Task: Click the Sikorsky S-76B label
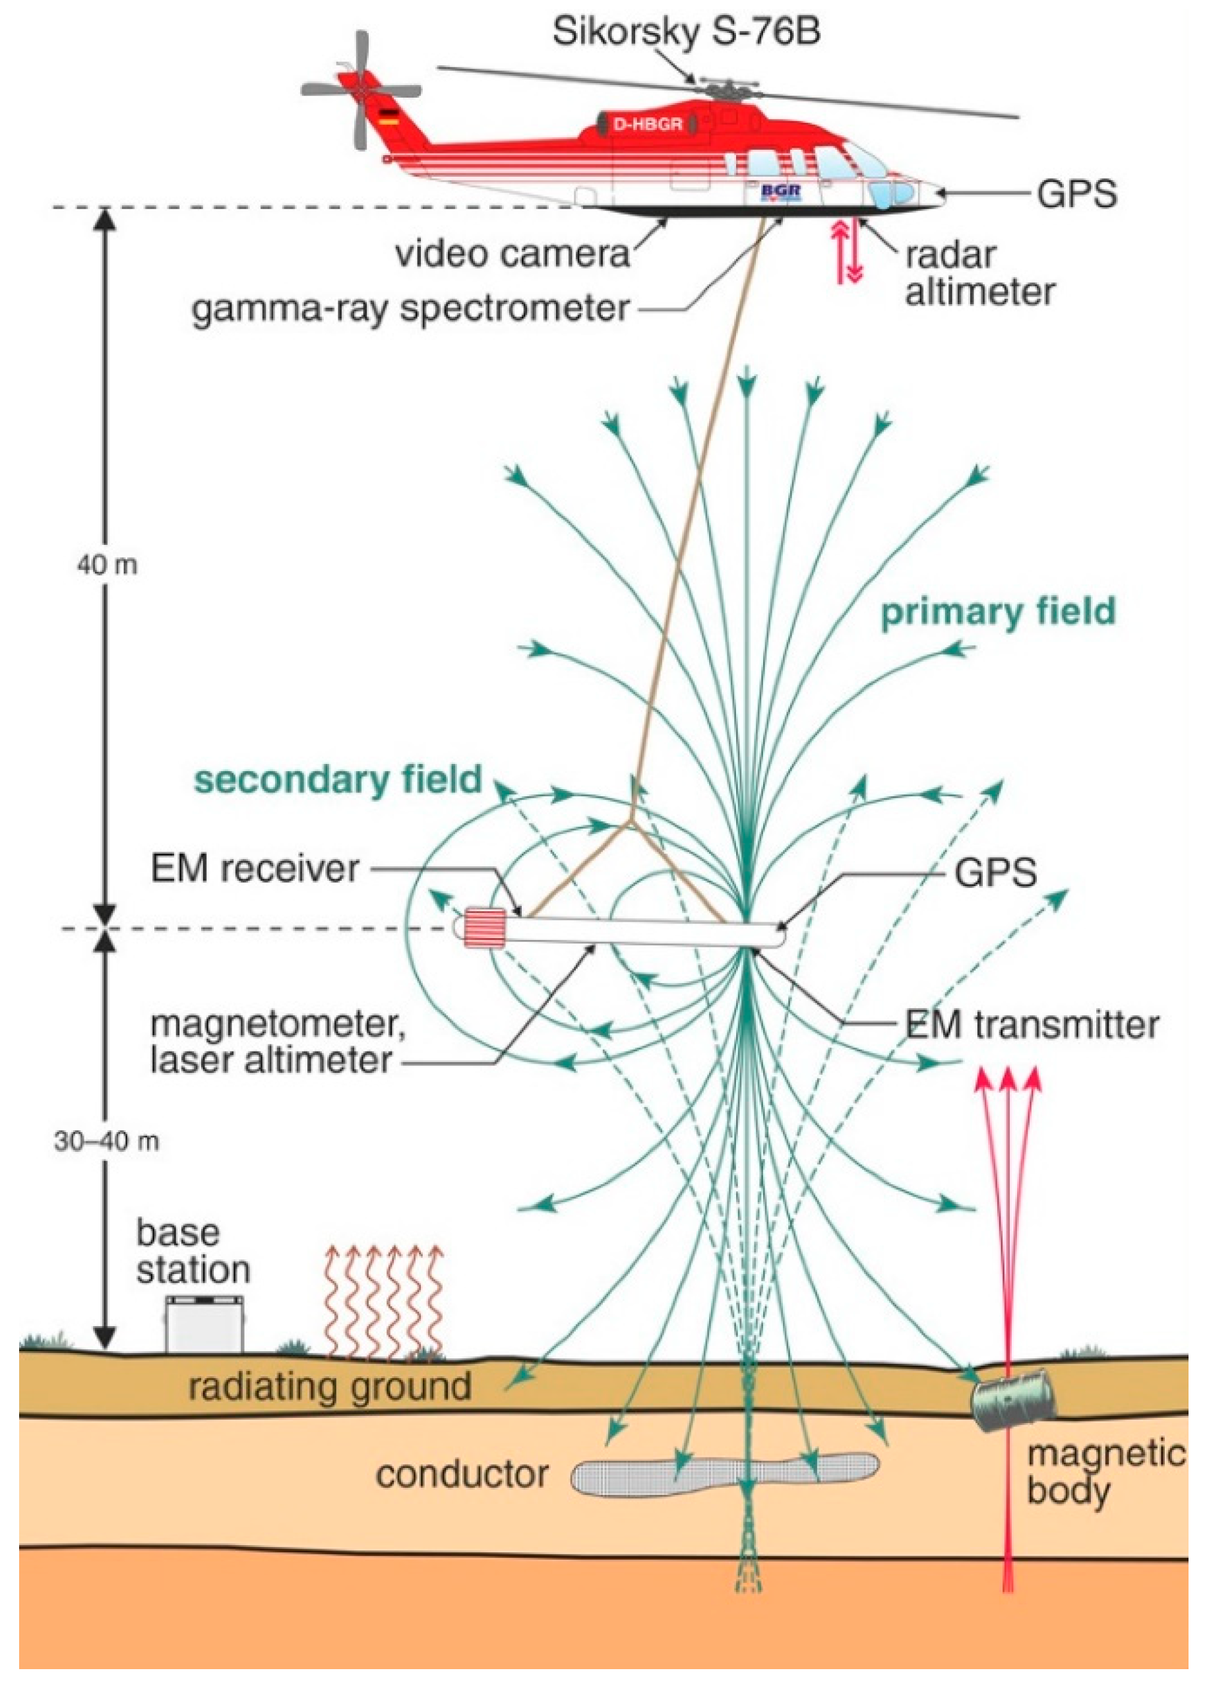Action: pyautogui.click(x=686, y=32)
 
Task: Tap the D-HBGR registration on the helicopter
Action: pyautogui.click(x=647, y=124)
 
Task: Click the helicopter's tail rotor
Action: pyautogui.click(x=361, y=90)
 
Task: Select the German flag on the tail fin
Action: pyautogui.click(x=388, y=115)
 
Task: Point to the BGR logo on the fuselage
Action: pyautogui.click(x=781, y=192)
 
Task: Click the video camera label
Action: pyautogui.click(x=512, y=254)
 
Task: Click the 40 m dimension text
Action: pyautogui.click(x=107, y=565)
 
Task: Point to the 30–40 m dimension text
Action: pyautogui.click(x=106, y=1141)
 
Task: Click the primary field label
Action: pyautogui.click(x=998, y=612)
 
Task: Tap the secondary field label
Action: pyautogui.click(x=338, y=780)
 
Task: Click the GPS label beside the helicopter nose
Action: pyautogui.click(x=1076, y=195)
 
